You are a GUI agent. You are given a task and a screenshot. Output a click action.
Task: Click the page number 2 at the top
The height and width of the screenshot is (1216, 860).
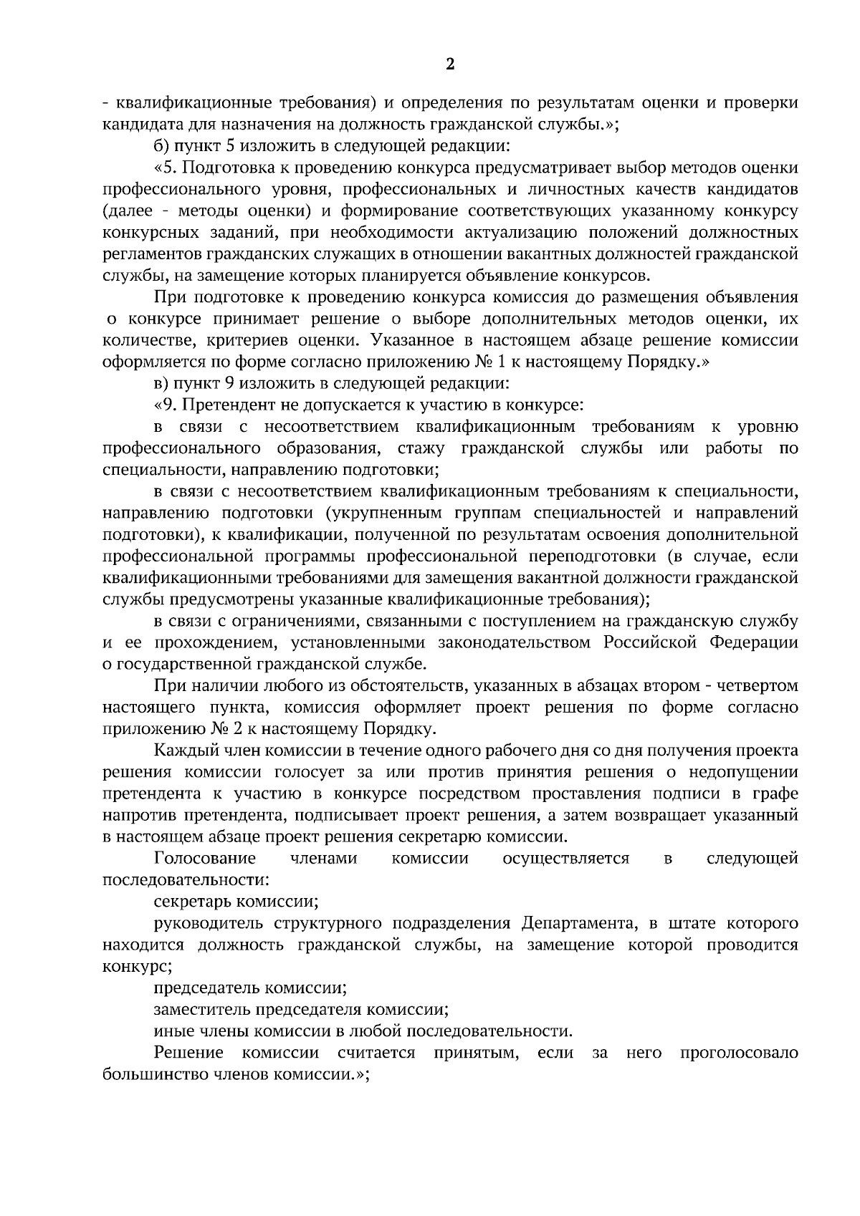tap(450, 65)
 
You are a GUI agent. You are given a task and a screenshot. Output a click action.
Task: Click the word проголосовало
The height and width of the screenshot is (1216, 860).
tap(739, 1053)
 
